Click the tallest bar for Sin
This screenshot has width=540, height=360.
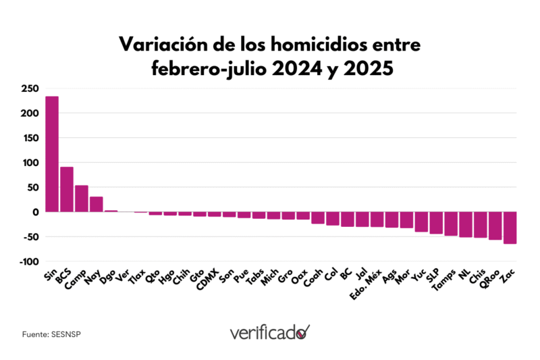(x=52, y=154)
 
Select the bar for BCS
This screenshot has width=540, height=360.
(x=67, y=189)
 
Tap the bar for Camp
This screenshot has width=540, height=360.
(x=82, y=199)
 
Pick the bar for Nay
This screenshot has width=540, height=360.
(x=97, y=204)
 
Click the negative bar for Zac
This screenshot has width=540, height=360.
(x=510, y=228)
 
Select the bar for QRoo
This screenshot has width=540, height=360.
(x=495, y=226)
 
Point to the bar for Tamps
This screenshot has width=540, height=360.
(x=451, y=224)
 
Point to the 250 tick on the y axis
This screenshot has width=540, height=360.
(x=30, y=88)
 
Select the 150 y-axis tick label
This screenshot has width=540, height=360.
(x=30, y=138)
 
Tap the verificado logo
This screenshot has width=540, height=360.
(x=269, y=332)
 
